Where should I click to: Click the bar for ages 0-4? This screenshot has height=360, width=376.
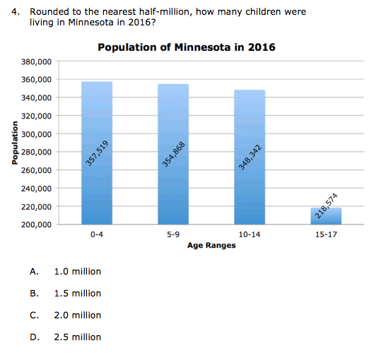(x=97, y=153)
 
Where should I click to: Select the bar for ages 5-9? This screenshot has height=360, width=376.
(x=173, y=155)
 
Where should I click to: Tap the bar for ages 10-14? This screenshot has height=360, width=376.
(x=249, y=157)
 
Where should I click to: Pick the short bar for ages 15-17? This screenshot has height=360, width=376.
(x=326, y=216)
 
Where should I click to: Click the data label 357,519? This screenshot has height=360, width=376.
(x=97, y=153)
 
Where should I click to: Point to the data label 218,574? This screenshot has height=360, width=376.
(x=326, y=206)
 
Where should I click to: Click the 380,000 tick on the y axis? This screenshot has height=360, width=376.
(x=37, y=62)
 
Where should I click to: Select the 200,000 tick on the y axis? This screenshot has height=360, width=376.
(x=37, y=224)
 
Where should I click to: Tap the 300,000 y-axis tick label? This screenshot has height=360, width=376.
(x=37, y=134)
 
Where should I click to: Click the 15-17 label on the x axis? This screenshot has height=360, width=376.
(x=326, y=234)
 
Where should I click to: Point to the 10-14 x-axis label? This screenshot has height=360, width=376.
(x=249, y=234)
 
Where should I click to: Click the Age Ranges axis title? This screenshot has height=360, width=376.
(x=211, y=246)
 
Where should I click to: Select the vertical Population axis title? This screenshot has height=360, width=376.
(x=15, y=143)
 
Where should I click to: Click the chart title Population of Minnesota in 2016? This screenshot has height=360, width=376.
(x=187, y=47)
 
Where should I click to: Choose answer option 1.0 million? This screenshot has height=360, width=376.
(x=78, y=272)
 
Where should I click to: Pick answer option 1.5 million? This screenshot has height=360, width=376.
(x=78, y=294)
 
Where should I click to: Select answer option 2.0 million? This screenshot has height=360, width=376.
(x=78, y=316)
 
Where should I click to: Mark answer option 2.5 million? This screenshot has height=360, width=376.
(x=78, y=337)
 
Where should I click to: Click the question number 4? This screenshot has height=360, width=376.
(x=16, y=12)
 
